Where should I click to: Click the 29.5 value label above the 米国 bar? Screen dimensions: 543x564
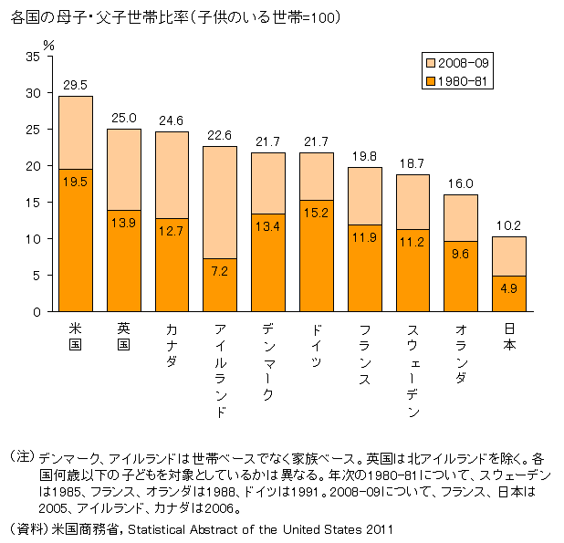point(76,85)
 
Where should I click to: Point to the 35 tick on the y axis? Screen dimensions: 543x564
point(34,57)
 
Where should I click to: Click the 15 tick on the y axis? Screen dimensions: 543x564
point(34,203)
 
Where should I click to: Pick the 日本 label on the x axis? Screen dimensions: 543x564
point(509,338)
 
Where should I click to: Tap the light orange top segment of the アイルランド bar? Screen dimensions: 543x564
point(220,202)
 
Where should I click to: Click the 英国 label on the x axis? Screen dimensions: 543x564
point(124,338)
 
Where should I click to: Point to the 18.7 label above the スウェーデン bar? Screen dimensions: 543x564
point(413,164)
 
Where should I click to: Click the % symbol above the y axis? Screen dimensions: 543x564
point(49,43)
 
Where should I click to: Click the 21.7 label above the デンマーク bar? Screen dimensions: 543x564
point(268,142)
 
